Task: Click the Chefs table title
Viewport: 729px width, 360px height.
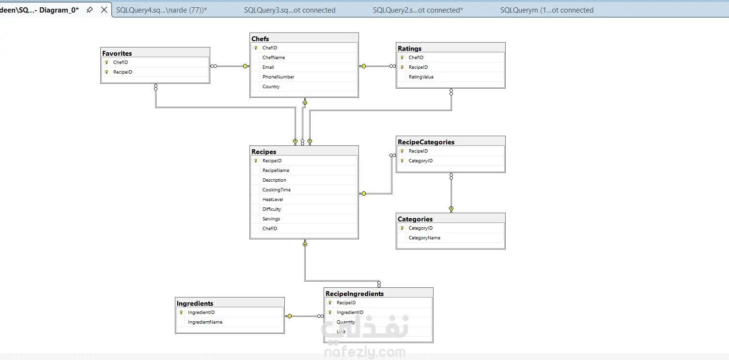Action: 260,39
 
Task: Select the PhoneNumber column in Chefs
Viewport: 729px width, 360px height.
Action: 278,77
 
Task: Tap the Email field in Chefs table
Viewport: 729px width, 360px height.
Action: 268,67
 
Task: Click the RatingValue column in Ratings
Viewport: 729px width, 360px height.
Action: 421,77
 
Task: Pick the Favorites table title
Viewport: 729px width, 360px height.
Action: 117,53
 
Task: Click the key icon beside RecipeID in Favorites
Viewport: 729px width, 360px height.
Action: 107,72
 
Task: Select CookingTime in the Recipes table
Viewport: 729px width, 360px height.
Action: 277,190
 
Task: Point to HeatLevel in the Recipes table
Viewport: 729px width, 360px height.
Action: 273,200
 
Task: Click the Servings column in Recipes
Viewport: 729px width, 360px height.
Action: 271,219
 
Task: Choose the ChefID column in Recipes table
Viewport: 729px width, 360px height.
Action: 270,229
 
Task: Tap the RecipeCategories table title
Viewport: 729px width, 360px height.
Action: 426,142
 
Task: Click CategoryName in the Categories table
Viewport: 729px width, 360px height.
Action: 424,238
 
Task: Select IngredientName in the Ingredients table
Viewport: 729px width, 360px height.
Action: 205,322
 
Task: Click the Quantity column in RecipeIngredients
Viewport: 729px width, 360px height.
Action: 346,322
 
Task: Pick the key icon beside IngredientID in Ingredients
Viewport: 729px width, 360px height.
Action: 181,313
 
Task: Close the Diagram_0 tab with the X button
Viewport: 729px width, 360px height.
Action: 104,10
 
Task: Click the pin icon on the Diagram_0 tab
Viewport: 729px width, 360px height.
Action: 90,10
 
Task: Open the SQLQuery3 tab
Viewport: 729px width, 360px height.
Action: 290,10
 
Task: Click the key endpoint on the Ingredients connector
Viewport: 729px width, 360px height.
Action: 289,316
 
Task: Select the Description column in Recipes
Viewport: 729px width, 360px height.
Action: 274,180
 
